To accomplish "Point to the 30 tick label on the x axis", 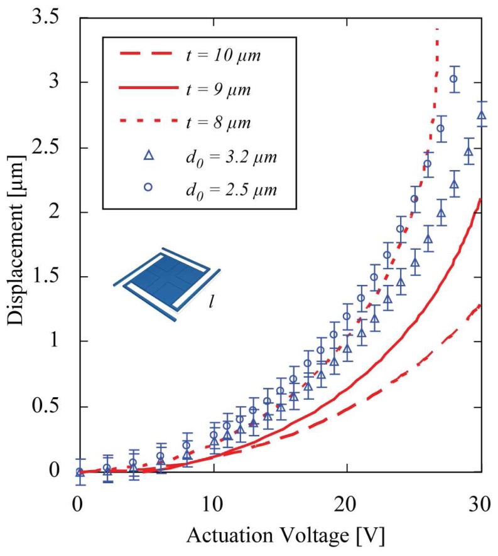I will tap(479, 503).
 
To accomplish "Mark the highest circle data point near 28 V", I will tap(454, 78).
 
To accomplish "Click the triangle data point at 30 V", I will tap(481, 115).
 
